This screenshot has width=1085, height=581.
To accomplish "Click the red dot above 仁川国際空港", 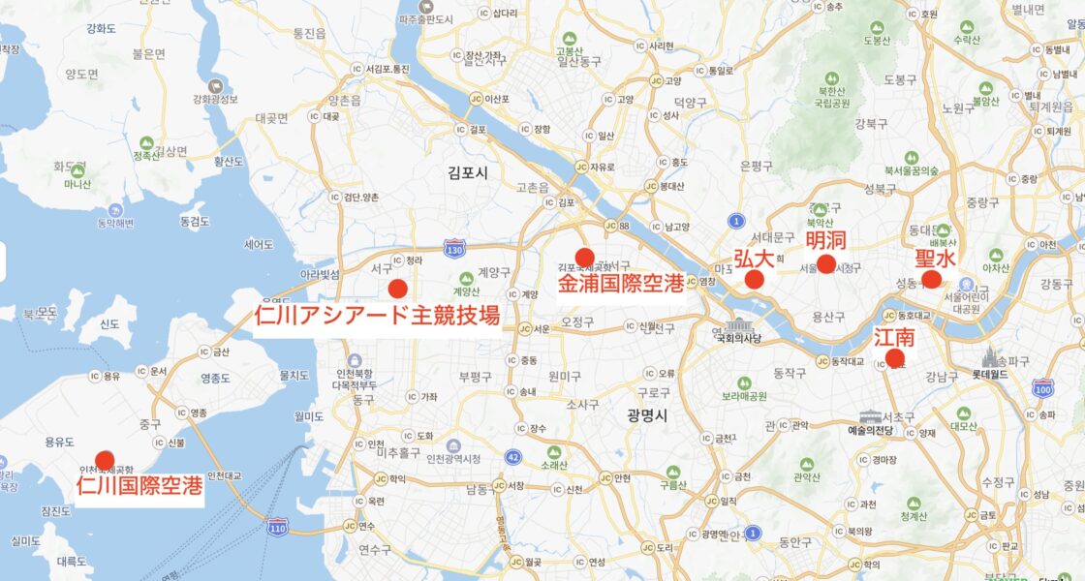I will [x=105, y=460].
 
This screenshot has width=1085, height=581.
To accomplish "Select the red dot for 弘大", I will [x=755, y=280].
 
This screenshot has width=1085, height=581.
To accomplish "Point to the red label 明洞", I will [x=825, y=240].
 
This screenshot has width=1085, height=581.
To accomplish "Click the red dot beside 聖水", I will [x=931, y=279].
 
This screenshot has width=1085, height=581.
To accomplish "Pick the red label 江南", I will [x=894, y=338].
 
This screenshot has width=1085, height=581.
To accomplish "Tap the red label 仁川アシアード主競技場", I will [x=377, y=315].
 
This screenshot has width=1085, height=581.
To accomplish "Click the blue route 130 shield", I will [x=454, y=250].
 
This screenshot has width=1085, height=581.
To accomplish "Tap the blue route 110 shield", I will [x=277, y=527].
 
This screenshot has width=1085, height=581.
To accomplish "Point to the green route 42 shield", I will [x=512, y=456].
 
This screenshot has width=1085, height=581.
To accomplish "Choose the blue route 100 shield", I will [x=1042, y=388].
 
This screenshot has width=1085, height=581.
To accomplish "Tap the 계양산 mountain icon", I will [x=467, y=277].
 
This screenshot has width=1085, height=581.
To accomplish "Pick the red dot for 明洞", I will [x=825, y=263].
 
